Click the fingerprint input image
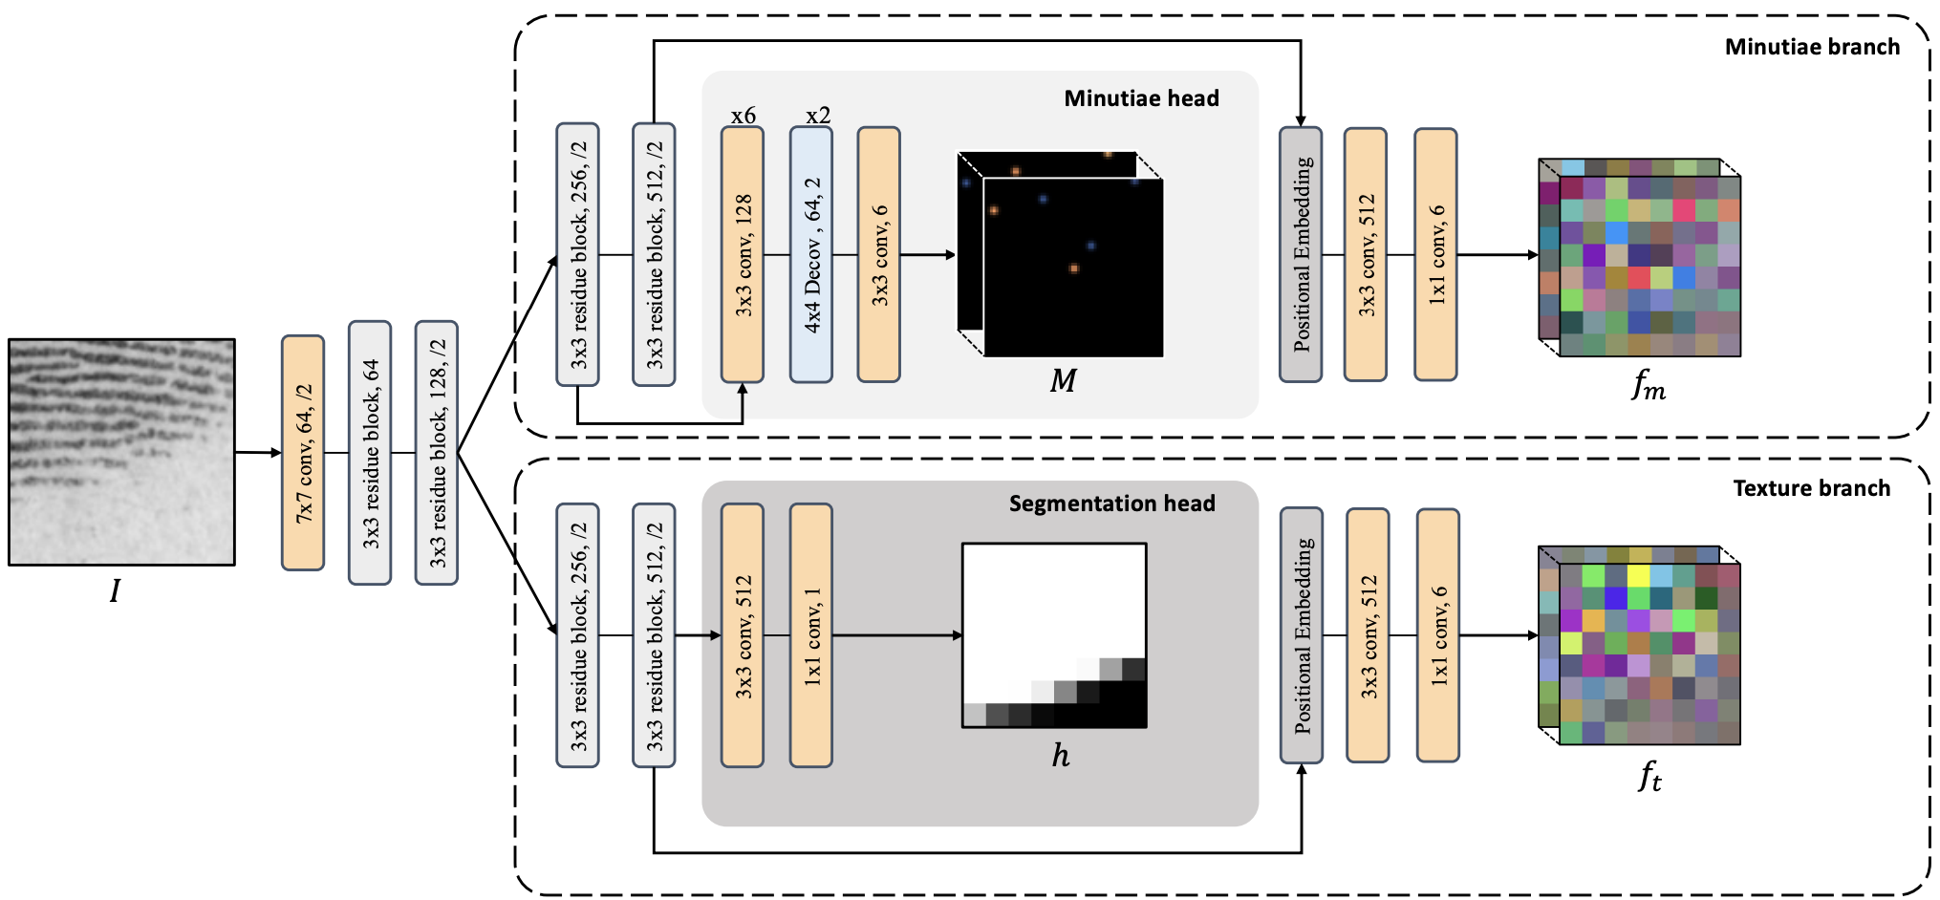tap(121, 452)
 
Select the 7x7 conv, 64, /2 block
tap(303, 453)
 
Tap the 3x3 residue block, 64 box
tap(370, 453)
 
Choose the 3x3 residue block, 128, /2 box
tap(437, 453)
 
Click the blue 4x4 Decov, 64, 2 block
tap(811, 255)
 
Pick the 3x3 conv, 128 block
tap(743, 255)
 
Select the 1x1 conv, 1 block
tap(811, 635)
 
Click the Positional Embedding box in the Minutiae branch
tap(1301, 255)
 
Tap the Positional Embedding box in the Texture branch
tap(1302, 635)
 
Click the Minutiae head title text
tap(1142, 98)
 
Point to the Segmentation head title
tap(1112, 504)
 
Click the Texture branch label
tap(1812, 488)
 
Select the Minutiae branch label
tap(1813, 47)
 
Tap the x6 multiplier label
tap(744, 116)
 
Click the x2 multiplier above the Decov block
tap(818, 116)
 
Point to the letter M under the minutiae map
tap(1063, 381)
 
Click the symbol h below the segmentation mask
tap(1061, 756)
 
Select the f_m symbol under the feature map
tap(1649, 385)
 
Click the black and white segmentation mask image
tap(1054, 635)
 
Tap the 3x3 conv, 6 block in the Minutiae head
tap(879, 255)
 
